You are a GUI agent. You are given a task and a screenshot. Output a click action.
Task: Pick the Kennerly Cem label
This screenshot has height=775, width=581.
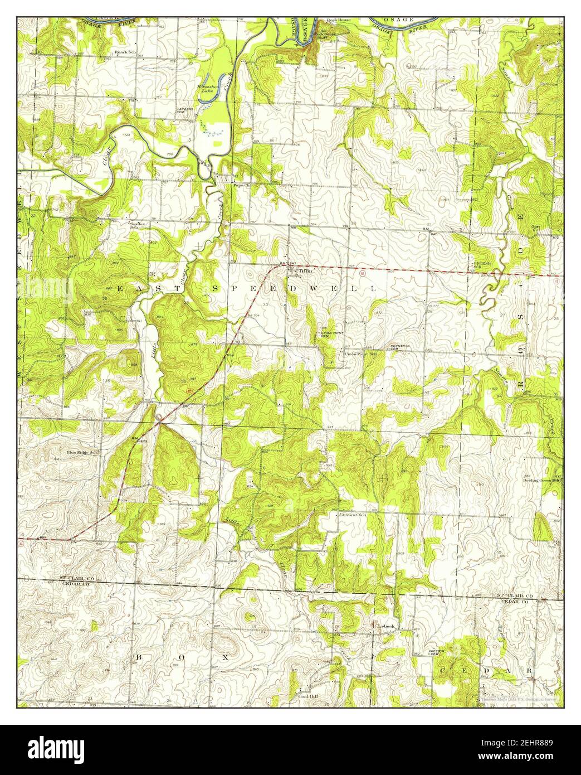coord(400,347)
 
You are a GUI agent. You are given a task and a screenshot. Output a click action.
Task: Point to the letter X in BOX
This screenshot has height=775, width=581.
coord(226,657)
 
